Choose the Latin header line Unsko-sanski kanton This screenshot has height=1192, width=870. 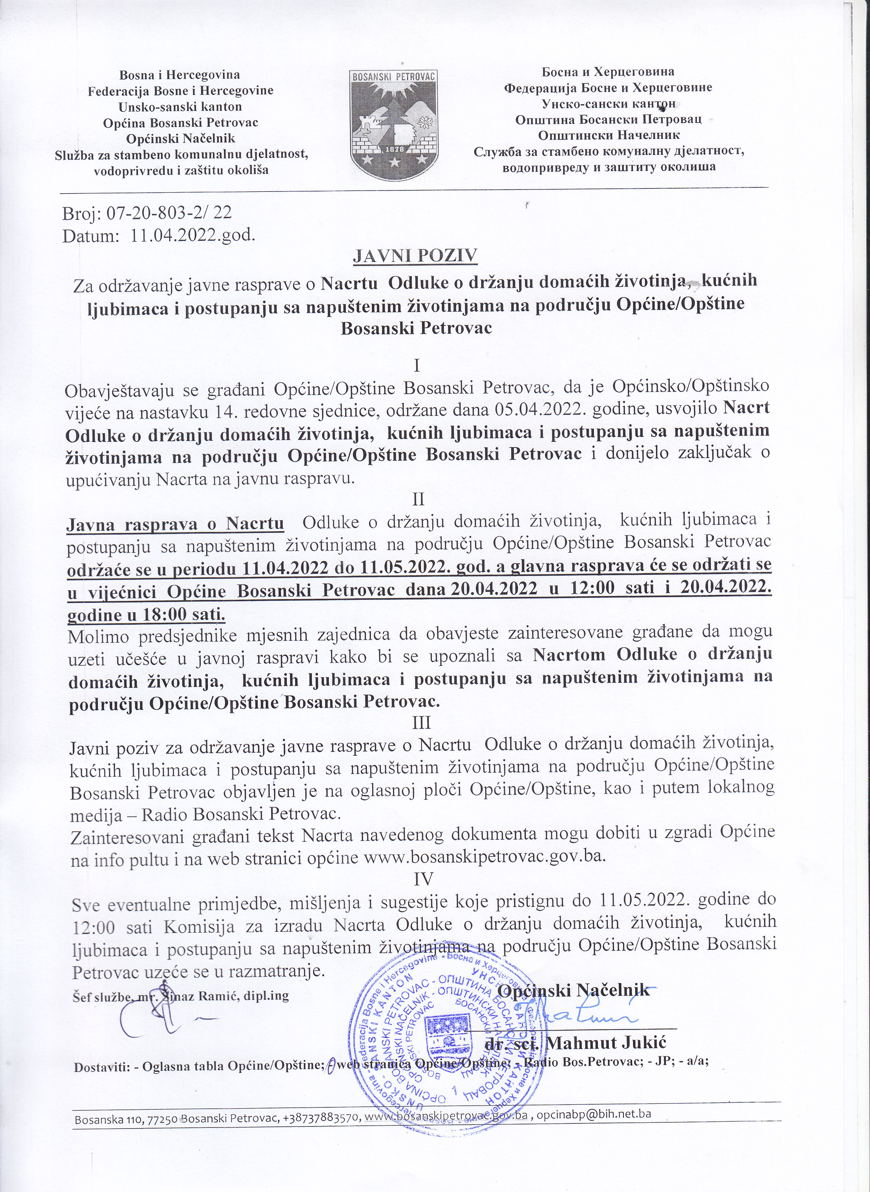point(180,107)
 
